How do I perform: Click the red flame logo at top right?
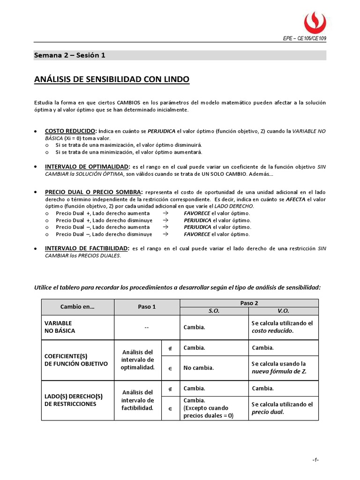pos(315,22)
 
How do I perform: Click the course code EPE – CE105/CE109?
pos(305,38)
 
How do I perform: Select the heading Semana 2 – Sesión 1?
pos(70,55)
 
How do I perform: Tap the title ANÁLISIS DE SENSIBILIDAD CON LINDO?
pos(112,80)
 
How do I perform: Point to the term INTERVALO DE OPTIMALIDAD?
pos(87,167)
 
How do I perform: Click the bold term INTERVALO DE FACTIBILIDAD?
pos(87,248)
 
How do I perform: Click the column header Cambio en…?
pos(77,307)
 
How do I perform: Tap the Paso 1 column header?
pos(147,307)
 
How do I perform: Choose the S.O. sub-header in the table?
pos(214,311)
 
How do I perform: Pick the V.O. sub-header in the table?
pos(283,311)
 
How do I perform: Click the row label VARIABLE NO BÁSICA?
pos(60,327)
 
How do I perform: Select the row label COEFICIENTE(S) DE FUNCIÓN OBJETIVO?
pos(76,360)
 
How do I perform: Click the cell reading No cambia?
pos(199,368)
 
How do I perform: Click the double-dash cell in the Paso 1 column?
pos(147,327)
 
